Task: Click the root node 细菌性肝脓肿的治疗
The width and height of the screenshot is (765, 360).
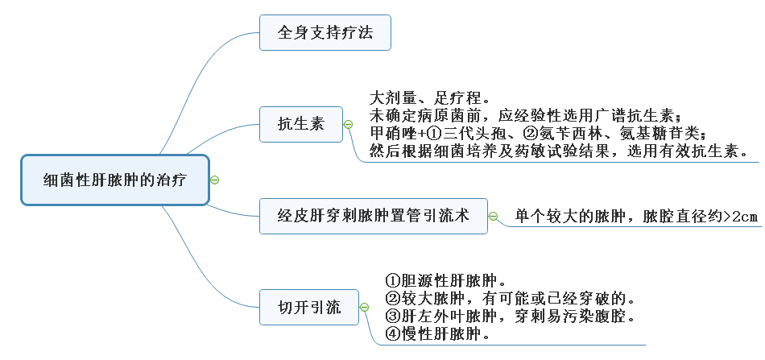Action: (x=114, y=179)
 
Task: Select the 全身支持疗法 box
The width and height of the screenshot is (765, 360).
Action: (x=325, y=33)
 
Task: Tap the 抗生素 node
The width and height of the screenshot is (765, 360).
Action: (x=301, y=124)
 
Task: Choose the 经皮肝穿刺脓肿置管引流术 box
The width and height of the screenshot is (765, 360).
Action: (x=373, y=216)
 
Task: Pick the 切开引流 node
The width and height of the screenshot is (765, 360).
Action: (x=309, y=307)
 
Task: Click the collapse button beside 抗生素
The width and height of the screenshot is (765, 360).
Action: (x=348, y=124)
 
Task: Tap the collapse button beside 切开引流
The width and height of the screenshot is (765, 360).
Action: (x=364, y=307)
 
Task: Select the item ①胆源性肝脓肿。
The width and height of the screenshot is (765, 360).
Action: (x=445, y=282)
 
